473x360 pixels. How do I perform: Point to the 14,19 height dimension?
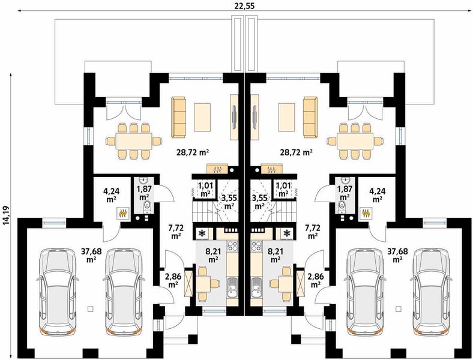click(x=6, y=216)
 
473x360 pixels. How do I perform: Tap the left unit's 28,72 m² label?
click(x=193, y=152)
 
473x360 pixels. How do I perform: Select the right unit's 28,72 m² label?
click(x=295, y=152)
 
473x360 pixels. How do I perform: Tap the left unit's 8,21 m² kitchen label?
click(x=214, y=254)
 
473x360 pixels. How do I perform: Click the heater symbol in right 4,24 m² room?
click(x=367, y=213)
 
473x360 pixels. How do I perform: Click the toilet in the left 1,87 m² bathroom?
click(x=147, y=206)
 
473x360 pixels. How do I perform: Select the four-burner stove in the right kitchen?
click(x=256, y=246)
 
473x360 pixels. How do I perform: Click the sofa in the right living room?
click(x=310, y=117)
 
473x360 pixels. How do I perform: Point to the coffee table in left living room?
click(x=202, y=117)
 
